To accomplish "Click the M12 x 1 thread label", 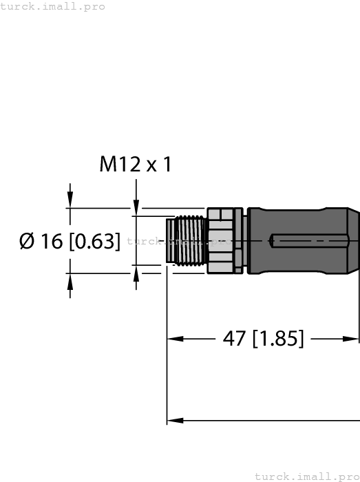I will (x=135, y=165).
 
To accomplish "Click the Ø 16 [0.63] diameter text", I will (x=70, y=241).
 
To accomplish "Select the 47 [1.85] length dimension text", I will (x=263, y=339).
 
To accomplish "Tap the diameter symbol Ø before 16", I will (x=28, y=241).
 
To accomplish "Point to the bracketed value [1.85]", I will (x=279, y=339).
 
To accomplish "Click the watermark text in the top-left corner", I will (x=53, y=6).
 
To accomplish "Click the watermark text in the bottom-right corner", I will (x=307, y=476).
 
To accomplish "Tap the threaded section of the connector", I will (x=191, y=240).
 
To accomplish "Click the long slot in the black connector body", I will (x=310, y=241).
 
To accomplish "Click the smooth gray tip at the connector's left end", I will (x=171, y=240).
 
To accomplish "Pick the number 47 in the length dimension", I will (x=235, y=339).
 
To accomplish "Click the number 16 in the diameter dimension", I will (x=52, y=241).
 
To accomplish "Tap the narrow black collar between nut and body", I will (x=238, y=240).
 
